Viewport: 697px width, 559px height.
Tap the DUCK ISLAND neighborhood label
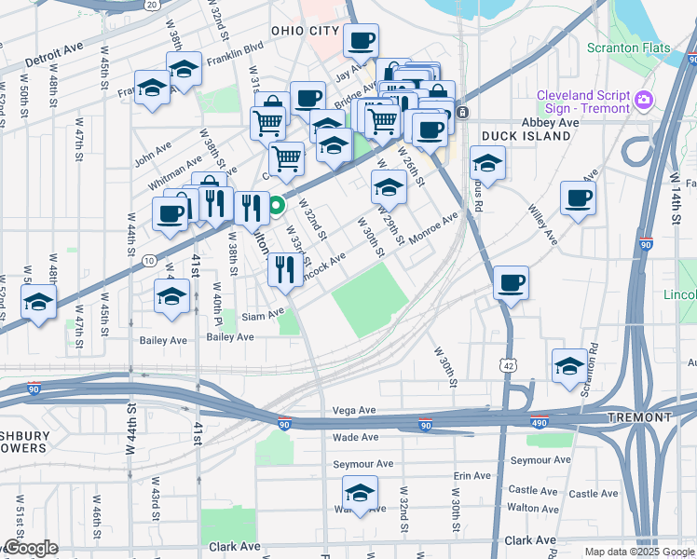click(x=526, y=136)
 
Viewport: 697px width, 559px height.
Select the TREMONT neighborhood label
click(x=638, y=416)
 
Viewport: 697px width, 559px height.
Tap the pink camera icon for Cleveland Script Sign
click(x=642, y=100)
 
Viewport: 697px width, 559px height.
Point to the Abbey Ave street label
click(x=551, y=122)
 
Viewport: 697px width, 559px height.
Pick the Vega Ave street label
click(x=353, y=410)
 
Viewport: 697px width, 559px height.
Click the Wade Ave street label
click(x=355, y=437)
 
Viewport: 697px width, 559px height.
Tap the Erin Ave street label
click(x=471, y=475)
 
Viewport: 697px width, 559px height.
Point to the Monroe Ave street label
click(x=433, y=226)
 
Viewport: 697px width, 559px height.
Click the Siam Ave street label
click(x=261, y=316)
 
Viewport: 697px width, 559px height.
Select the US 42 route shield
click(x=507, y=367)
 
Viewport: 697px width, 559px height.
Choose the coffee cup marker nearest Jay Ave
click(x=361, y=40)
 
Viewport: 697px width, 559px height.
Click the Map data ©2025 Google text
click(x=638, y=552)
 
